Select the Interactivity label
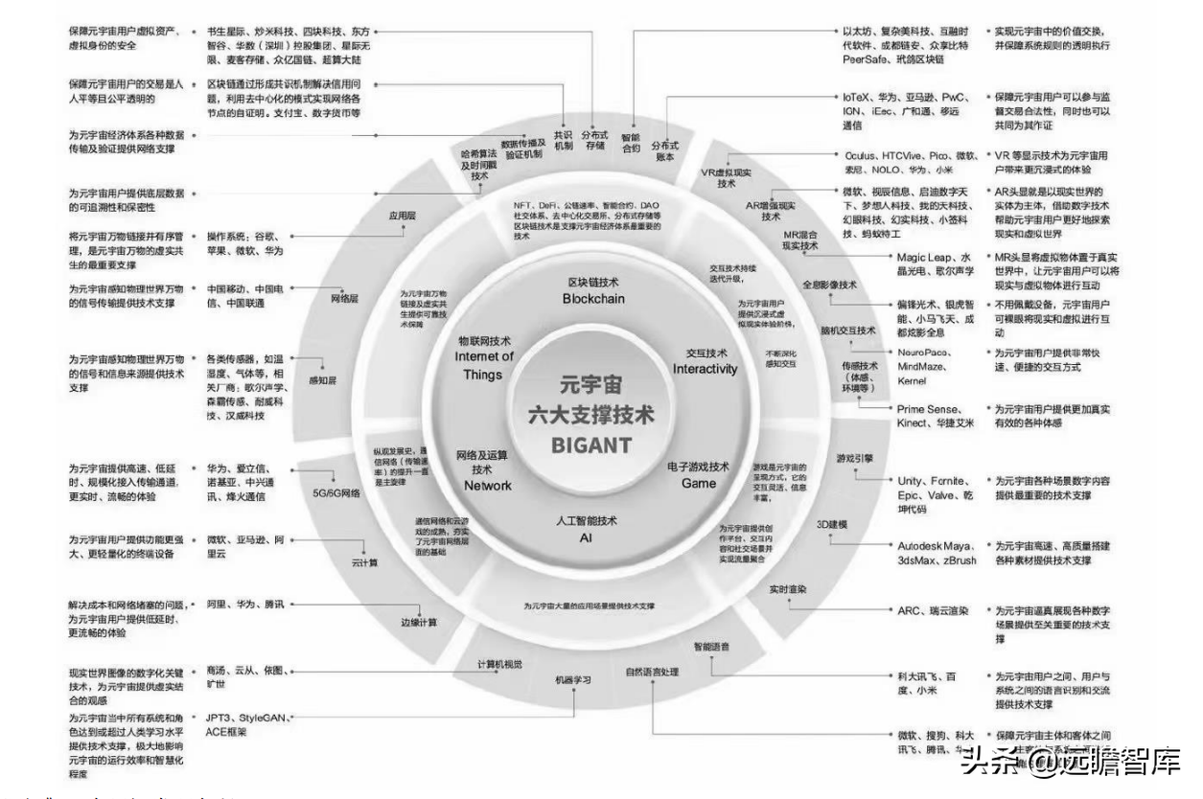click(x=705, y=369)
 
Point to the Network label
click(x=488, y=486)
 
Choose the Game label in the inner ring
click(x=699, y=483)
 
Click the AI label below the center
click(x=586, y=538)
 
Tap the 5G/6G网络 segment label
click(x=336, y=493)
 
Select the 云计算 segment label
click(x=364, y=562)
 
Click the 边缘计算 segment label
click(x=418, y=622)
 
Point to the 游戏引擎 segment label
click(x=854, y=458)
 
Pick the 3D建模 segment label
click(x=831, y=525)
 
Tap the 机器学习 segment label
click(x=573, y=679)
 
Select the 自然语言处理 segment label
click(x=652, y=671)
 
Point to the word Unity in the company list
click(x=910, y=480)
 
